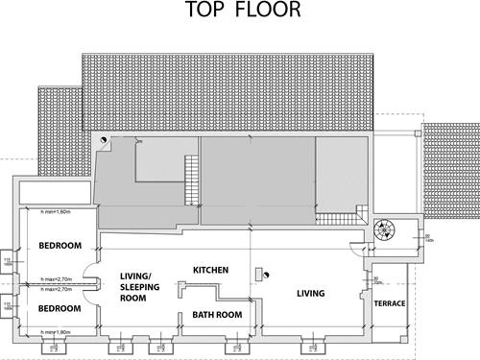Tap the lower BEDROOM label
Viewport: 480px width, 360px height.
pos(59,310)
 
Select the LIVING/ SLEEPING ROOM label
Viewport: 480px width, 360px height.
pos(138,287)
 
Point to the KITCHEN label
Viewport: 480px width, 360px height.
pos(210,271)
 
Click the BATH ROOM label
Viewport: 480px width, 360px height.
pos(216,314)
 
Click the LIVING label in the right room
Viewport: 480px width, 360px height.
pos(310,293)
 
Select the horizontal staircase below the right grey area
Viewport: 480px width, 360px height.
pos(337,216)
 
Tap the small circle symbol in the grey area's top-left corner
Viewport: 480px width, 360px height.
pos(104,140)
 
